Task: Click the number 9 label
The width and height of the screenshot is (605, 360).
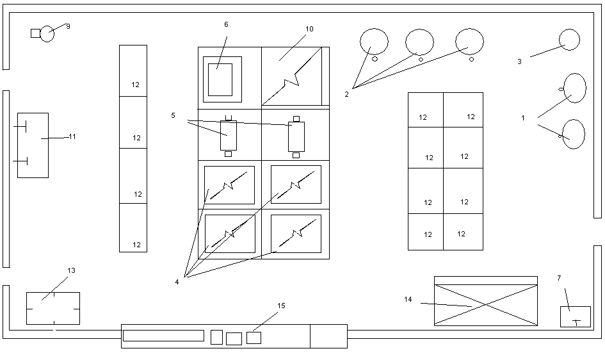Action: click(68, 26)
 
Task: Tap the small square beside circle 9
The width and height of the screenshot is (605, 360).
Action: click(35, 33)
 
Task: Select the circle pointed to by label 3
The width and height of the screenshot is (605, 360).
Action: click(569, 40)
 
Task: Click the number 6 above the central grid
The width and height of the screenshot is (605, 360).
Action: click(226, 24)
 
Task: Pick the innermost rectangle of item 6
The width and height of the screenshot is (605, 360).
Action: click(220, 79)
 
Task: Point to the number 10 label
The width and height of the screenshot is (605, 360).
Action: click(309, 29)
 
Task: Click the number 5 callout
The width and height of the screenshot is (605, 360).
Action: click(173, 115)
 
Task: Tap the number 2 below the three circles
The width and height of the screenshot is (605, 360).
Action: click(346, 94)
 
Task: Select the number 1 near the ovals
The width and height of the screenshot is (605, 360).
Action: click(523, 119)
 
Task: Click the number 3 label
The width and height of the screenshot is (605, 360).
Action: click(519, 62)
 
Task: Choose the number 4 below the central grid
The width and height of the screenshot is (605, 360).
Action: click(177, 282)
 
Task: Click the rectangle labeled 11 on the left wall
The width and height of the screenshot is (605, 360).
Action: click(33, 145)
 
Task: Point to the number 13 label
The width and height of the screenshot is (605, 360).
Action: click(71, 271)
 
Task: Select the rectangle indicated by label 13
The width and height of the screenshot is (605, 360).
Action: click(53, 308)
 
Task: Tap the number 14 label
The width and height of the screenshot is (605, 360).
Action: click(408, 300)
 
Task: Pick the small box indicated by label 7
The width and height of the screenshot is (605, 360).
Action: click(575, 316)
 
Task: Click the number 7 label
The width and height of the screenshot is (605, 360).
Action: click(558, 279)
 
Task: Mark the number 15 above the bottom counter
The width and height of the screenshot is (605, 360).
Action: click(281, 306)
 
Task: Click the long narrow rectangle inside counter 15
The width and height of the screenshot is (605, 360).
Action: click(163, 336)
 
